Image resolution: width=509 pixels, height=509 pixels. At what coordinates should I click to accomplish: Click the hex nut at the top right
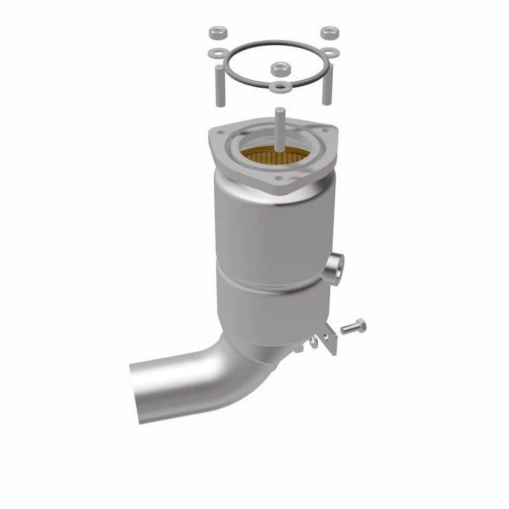[x=329, y=31]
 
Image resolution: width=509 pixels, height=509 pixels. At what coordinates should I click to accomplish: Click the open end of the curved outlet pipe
[x=141, y=387]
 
